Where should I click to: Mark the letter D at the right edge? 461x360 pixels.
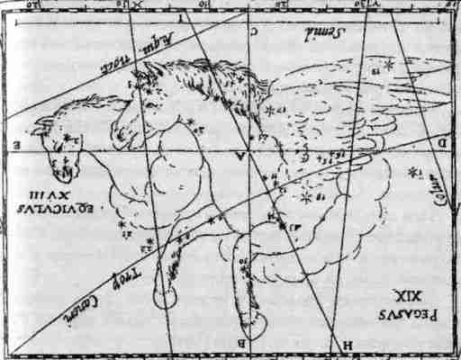click(442, 141)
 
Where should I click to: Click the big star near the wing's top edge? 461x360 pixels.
click(389, 65)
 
